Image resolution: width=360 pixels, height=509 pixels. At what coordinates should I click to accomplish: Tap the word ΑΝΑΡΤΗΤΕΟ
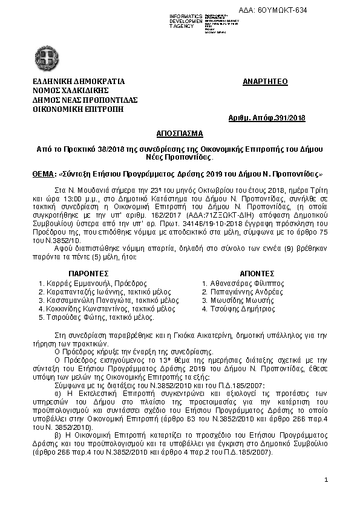coord(265,82)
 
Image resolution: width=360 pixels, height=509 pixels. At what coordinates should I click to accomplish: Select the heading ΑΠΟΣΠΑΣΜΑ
coord(180,132)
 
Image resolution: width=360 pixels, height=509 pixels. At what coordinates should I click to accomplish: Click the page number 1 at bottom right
coord(326,479)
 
